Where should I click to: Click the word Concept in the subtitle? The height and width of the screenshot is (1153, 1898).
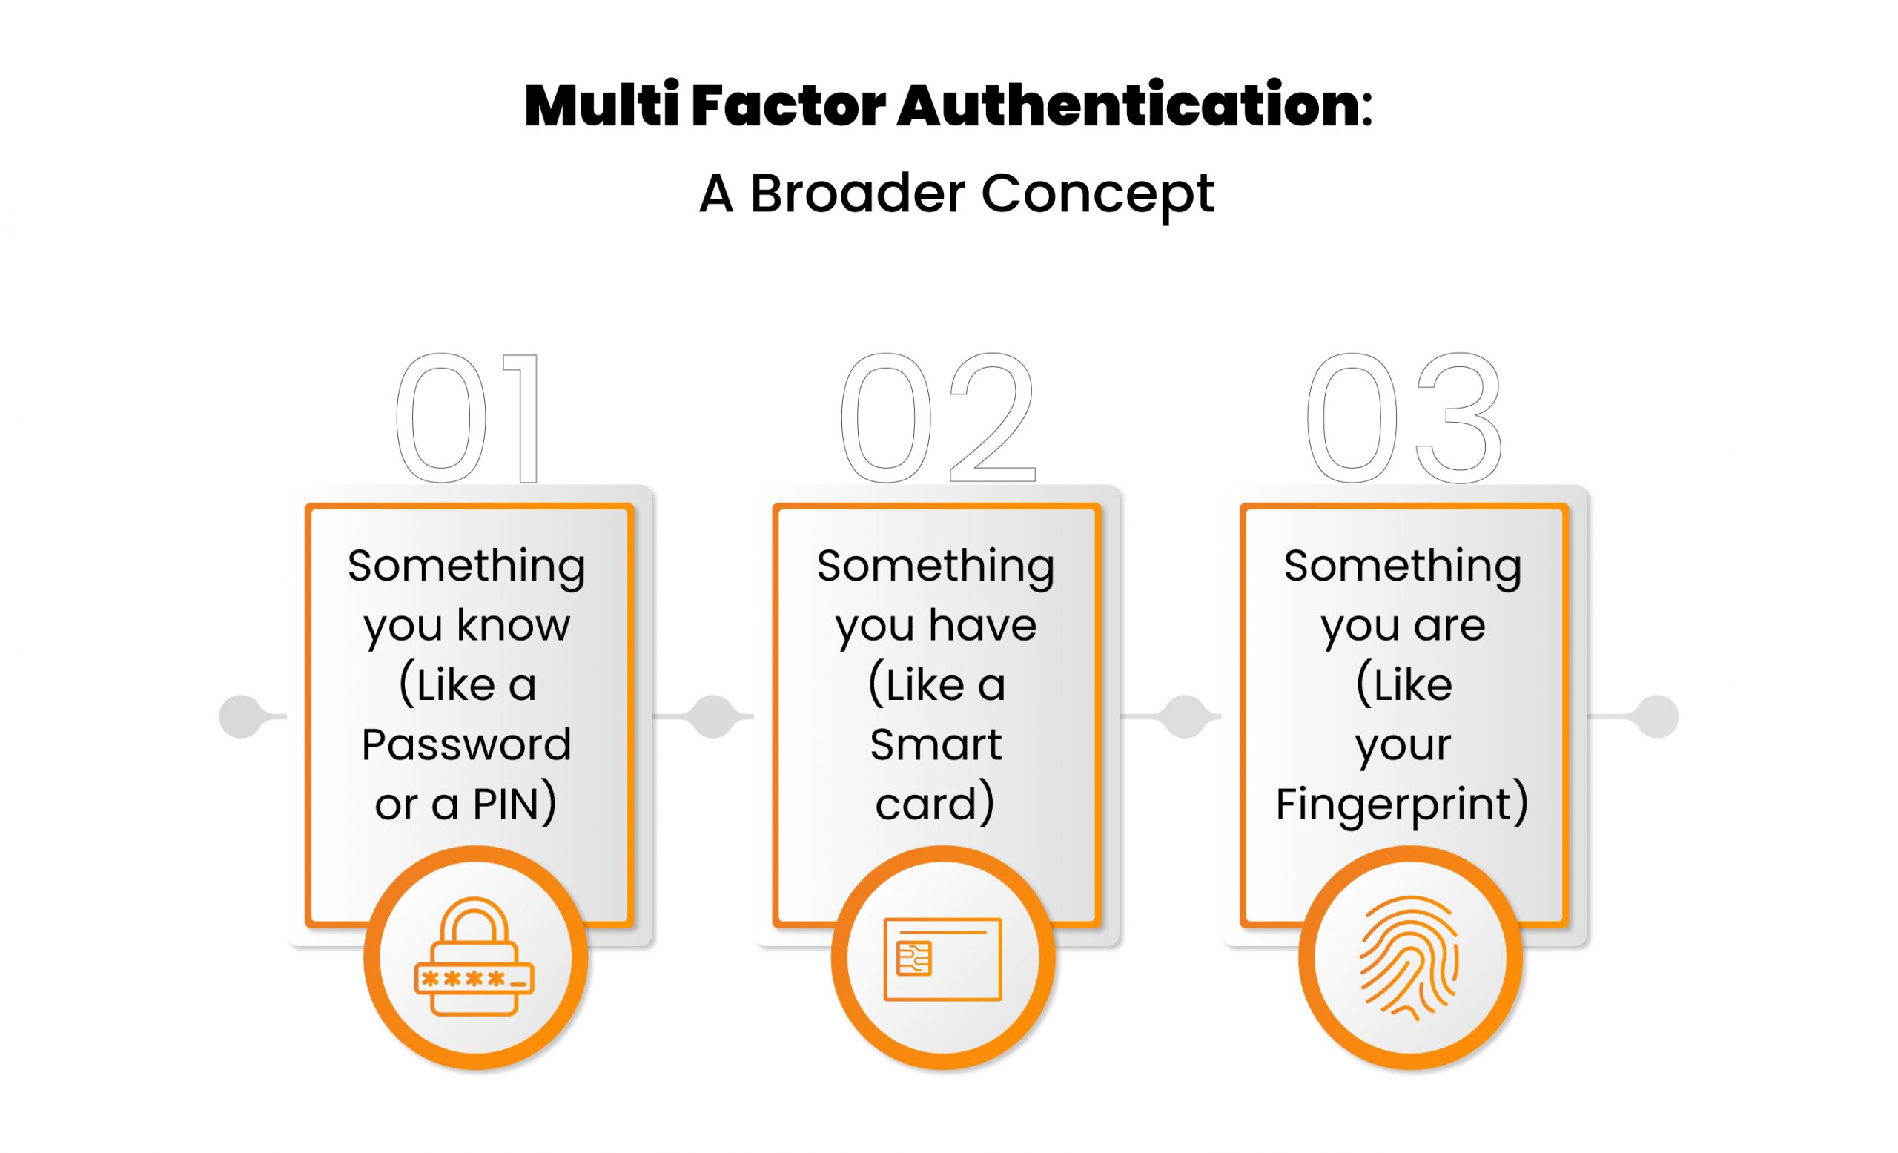pos(1098,195)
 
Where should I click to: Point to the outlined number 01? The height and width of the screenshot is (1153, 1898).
pos(468,418)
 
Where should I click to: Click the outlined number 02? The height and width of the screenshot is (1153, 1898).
pos(937,418)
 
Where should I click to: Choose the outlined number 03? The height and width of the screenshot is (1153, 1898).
pos(1403,418)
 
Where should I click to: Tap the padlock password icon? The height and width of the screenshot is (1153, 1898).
pos(474,957)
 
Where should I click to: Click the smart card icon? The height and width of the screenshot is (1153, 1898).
pos(943,959)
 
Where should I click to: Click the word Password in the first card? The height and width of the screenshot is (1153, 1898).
pos(467,744)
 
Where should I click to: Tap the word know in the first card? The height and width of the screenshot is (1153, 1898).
pos(514,624)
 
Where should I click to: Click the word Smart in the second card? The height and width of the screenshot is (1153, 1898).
pos(936,744)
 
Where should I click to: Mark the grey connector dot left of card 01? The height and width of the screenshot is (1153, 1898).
pos(241,716)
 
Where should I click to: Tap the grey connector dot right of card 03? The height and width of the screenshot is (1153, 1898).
pos(1657,716)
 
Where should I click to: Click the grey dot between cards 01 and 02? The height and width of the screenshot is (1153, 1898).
pos(713,716)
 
